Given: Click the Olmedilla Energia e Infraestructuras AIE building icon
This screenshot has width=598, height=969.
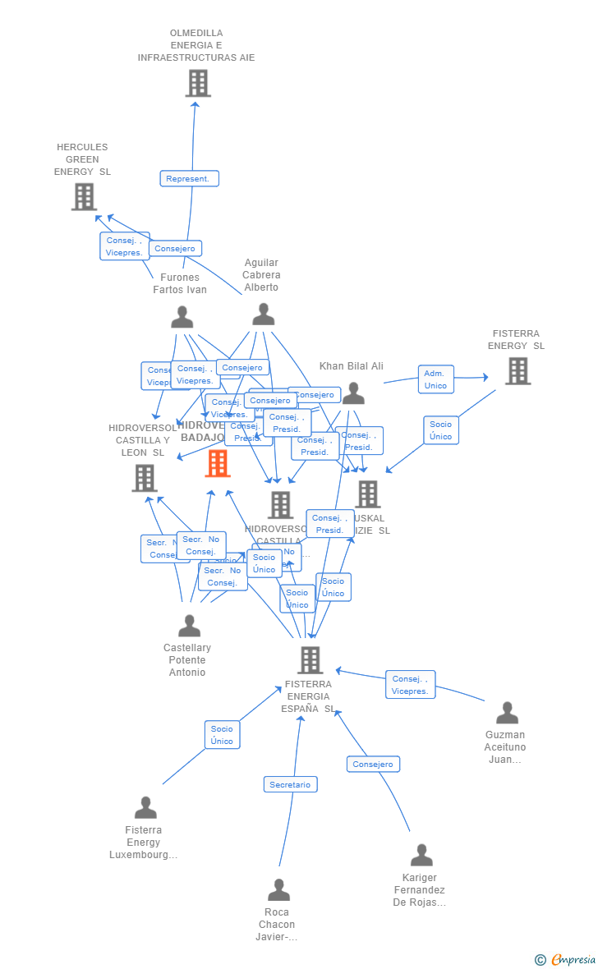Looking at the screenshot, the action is (x=198, y=84).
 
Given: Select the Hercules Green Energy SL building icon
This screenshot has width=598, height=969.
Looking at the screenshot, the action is (x=84, y=197).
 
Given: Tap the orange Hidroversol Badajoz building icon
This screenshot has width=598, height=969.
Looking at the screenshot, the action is (x=218, y=464).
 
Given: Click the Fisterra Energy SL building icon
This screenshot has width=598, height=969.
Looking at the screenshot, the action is (x=517, y=371).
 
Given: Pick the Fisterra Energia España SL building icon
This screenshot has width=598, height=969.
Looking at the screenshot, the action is (x=310, y=660).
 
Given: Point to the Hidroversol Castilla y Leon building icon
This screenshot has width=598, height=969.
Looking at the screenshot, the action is (x=145, y=478).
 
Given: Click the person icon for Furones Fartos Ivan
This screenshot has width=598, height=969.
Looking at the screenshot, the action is (x=182, y=317).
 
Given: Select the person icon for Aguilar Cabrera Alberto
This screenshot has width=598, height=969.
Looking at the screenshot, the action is (x=263, y=315).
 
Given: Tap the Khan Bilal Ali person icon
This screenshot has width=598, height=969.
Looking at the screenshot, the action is (x=353, y=394).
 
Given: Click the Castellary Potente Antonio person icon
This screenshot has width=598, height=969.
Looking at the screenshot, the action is (x=189, y=626).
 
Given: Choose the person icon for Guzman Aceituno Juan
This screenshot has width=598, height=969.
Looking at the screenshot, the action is (x=507, y=713).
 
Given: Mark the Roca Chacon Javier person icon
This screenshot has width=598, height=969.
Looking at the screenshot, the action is (x=278, y=890).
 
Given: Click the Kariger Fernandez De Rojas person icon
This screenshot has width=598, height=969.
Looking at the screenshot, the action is (x=421, y=856).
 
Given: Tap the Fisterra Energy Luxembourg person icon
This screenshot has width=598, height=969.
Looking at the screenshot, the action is (x=145, y=808).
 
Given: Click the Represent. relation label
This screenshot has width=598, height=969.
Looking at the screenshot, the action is (x=189, y=179).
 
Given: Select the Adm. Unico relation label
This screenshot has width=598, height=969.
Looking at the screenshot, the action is (x=435, y=379).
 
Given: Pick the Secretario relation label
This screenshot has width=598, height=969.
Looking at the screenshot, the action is (x=290, y=785).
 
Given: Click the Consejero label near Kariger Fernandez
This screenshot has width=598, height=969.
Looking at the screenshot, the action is (x=373, y=765).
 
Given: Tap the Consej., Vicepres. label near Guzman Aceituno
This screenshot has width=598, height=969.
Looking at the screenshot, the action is (x=410, y=685).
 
